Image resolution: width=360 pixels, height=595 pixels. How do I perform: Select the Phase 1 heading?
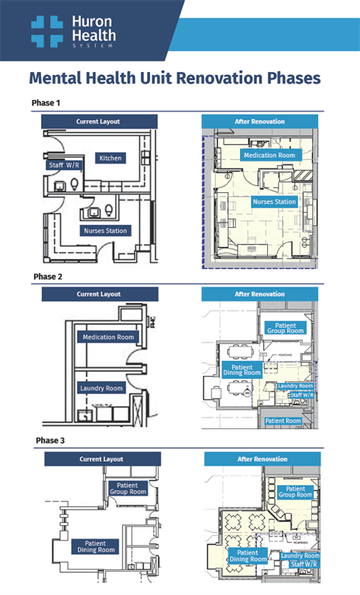click(46, 103)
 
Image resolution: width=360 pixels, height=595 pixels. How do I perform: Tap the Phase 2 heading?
click(48, 276)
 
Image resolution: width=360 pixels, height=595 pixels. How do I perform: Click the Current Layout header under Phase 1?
click(98, 122)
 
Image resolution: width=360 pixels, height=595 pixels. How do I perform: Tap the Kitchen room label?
click(110, 158)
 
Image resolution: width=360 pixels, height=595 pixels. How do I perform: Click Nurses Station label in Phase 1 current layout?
click(105, 230)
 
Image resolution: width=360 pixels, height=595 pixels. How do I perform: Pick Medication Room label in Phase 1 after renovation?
click(269, 156)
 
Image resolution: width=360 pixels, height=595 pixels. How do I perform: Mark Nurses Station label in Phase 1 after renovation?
click(274, 201)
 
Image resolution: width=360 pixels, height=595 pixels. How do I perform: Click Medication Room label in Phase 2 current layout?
click(108, 337)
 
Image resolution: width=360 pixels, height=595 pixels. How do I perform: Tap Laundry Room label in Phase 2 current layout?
click(102, 388)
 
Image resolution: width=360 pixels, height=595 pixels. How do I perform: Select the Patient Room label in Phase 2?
click(283, 421)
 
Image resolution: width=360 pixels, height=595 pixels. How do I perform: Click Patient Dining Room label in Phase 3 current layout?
click(95, 547)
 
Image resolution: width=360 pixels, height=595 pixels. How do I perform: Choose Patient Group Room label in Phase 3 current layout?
click(128, 488)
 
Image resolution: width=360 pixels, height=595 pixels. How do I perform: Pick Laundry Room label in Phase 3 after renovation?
click(300, 555)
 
